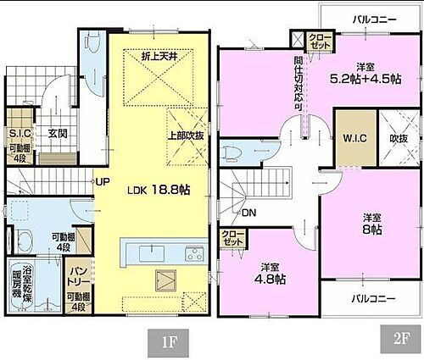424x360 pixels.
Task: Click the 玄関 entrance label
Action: pos(58,133)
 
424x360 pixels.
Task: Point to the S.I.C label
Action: pos(20,133)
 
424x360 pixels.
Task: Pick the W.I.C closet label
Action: pos(354,139)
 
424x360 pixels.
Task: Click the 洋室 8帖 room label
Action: pos(370,223)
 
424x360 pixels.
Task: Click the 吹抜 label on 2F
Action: pos(398,139)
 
